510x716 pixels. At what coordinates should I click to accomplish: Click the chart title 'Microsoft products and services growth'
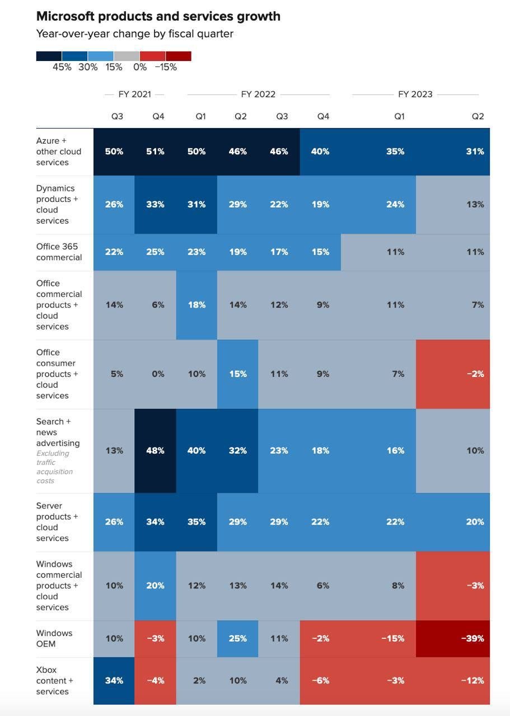pyautogui.click(x=158, y=16)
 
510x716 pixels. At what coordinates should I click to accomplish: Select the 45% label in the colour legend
pyautogui.click(x=62, y=67)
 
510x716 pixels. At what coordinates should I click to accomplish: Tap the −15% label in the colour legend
pyautogui.click(x=166, y=67)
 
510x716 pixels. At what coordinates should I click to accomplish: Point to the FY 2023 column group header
pyautogui.click(x=415, y=95)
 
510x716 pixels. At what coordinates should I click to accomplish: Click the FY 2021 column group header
pyautogui.click(x=134, y=95)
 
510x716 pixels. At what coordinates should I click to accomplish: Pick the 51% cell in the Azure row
pyautogui.click(x=155, y=152)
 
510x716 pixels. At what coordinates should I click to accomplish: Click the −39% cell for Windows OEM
pyautogui.click(x=453, y=639)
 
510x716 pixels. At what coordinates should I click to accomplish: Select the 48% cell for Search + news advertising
pyautogui.click(x=155, y=451)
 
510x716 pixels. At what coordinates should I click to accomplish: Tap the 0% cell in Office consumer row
pyautogui.click(x=158, y=374)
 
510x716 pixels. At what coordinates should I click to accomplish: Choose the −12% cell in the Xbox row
pyautogui.click(x=453, y=681)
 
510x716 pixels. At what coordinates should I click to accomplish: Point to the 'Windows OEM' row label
pyautogui.click(x=54, y=639)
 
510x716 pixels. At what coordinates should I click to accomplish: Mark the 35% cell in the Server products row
pyautogui.click(x=196, y=522)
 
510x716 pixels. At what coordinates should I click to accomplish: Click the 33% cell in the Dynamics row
pyautogui.click(x=155, y=205)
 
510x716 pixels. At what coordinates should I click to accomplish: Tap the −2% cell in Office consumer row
pyautogui.click(x=453, y=374)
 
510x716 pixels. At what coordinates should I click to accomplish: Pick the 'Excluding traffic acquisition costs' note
pyautogui.click(x=55, y=467)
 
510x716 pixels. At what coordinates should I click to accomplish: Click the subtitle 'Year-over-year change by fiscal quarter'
pyautogui.click(x=134, y=34)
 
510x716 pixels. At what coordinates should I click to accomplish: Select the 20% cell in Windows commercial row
pyautogui.click(x=155, y=586)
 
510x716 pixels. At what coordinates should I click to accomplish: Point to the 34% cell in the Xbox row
pyautogui.click(x=114, y=681)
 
